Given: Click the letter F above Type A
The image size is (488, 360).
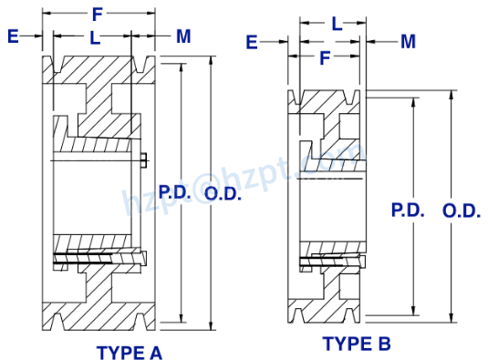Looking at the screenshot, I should pos(98,14).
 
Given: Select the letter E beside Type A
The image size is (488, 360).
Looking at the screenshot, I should pos(13,36).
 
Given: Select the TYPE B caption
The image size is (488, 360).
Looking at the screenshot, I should pos(357,343).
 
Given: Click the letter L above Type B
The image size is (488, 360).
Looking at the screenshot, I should pos(337,25).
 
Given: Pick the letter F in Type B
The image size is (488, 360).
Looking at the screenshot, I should pos(324,57).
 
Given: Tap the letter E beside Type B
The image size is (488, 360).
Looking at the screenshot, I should pos(253,41).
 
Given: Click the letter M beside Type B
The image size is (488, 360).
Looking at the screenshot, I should pos(408,41).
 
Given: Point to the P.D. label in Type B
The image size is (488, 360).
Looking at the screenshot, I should pos(409,210).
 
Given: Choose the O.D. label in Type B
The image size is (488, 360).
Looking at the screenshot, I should pos(462,210).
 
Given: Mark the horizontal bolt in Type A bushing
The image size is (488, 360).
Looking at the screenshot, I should pos(96,260).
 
